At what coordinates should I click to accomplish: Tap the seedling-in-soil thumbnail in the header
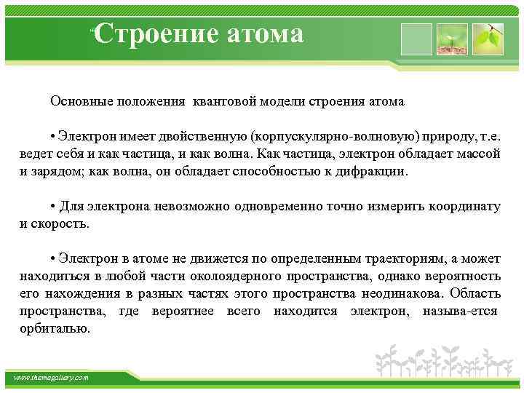pos(451,39)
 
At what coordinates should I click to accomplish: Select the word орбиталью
pos(55,328)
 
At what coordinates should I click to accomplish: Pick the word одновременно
pos(283,206)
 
